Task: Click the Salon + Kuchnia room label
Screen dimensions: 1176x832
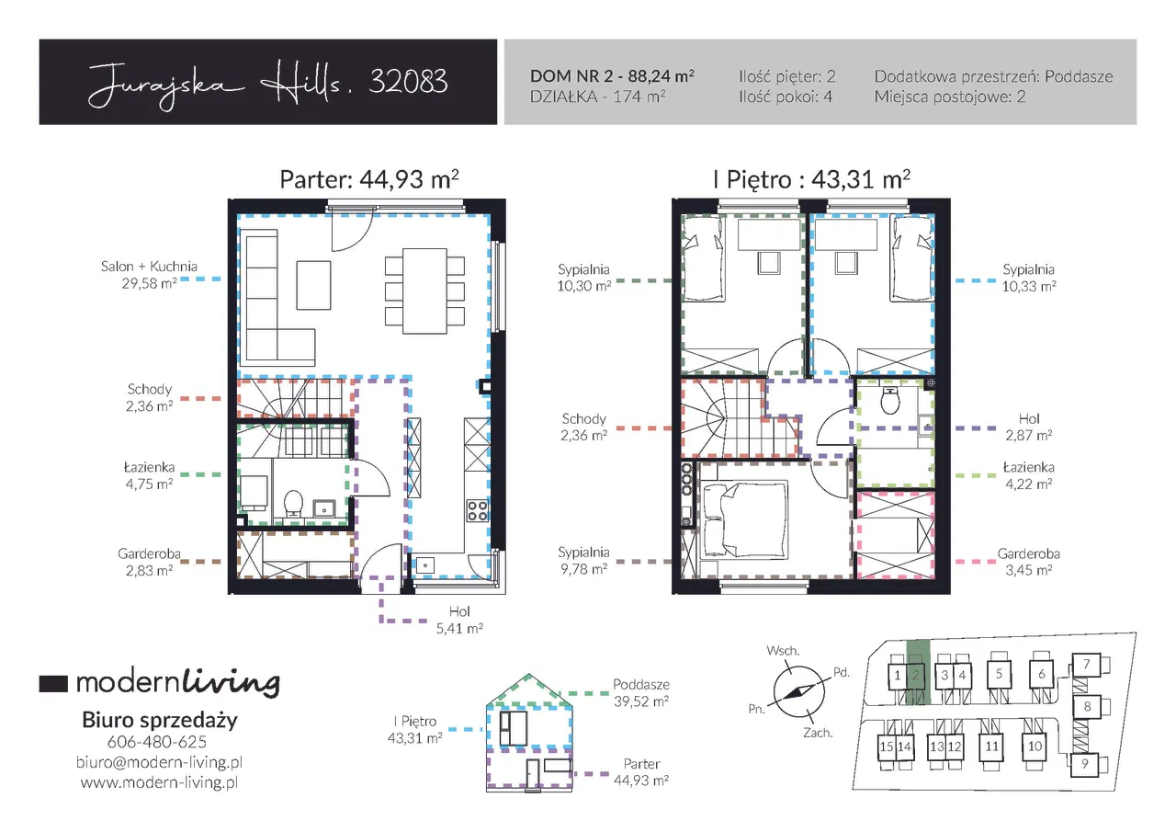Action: [x=149, y=267]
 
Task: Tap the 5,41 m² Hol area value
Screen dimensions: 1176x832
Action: [x=459, y=628]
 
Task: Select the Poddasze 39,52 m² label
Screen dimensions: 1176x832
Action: [x=641, y=693]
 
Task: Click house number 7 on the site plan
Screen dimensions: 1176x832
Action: [x=1087, y=664]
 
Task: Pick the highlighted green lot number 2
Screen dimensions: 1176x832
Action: [x=916, y=675]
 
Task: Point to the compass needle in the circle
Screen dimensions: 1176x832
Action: [x=798, y=691]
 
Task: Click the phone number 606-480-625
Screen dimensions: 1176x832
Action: [x=157, y=742]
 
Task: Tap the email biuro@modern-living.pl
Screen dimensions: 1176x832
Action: [x=159, y=761]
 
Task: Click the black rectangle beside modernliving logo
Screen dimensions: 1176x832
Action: [x=53, y=683]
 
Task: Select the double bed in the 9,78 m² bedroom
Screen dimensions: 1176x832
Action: [x=744, y=519]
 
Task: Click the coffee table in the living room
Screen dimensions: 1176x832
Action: [x=313, y=285]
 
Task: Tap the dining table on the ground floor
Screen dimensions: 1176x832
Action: [x=424, y=291]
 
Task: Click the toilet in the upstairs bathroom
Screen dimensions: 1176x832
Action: [x=890, y=401]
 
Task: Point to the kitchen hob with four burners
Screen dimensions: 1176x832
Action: [x=478, y=510]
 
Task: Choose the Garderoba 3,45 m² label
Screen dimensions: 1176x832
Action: [x=1028, y=562]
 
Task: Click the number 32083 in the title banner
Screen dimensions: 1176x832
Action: [x=408, y=82]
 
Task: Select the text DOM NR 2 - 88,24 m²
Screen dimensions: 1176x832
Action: [x=612, y=76]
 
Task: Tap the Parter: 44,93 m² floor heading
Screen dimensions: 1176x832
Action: [x=369, y=179]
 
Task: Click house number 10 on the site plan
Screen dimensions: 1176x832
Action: [x=1035, y=746]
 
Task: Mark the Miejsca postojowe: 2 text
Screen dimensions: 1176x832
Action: [x=949, y=97]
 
